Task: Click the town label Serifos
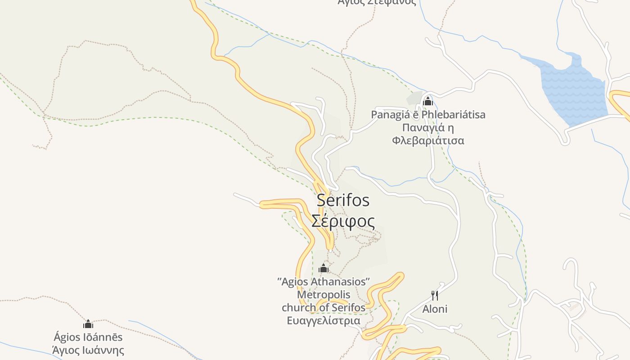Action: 343,200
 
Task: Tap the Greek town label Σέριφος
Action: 343,221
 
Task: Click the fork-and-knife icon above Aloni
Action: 435,296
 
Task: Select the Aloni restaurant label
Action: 435,309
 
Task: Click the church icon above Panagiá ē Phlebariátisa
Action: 428,101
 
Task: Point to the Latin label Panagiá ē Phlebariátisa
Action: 428,115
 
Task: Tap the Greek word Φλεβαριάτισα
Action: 428,140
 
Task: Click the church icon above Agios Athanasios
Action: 324,269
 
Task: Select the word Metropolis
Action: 324,295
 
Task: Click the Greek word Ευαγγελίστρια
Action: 324,321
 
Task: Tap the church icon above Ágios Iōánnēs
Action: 88,324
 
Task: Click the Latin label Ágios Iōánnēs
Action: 88,337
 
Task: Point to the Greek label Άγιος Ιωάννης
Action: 88,350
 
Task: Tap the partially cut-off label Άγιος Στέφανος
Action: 377,2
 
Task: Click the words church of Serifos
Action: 324,308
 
